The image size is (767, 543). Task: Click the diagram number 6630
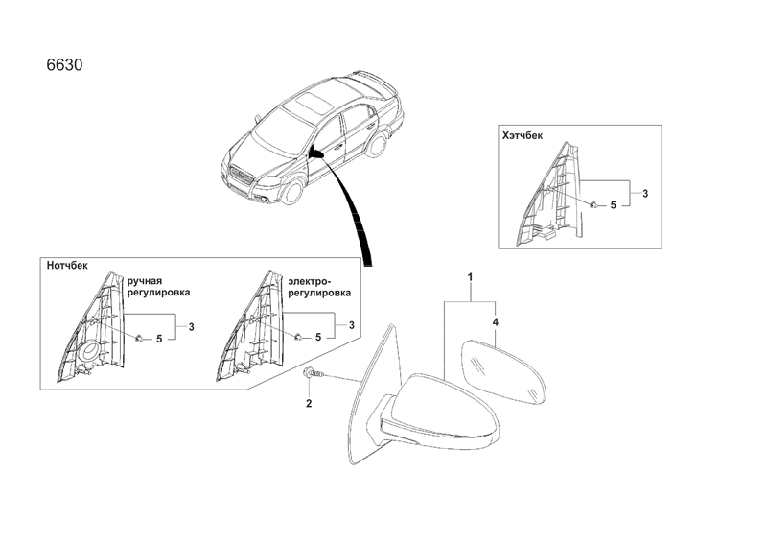(64, 65)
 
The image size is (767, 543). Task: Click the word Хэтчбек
(523, 135)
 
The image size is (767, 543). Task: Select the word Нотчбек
(67, 266)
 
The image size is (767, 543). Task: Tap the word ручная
(145, 281)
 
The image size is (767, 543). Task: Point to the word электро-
(310, 281)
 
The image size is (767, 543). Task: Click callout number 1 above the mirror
(470, 277)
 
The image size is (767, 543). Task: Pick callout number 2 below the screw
(309, 404)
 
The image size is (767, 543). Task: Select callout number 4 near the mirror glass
(496, 322)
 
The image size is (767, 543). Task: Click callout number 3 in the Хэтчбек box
(645, 194)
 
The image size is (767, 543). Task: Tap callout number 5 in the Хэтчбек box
(613, 205)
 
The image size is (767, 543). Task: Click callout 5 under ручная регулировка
(159, 339)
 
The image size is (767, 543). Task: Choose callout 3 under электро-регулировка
(351, 325)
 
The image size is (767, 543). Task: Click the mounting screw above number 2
(314, 373)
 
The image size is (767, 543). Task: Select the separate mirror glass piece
(504, 372)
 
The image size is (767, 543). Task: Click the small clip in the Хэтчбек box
(593, 204)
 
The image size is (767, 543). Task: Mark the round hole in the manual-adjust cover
(90, 351)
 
